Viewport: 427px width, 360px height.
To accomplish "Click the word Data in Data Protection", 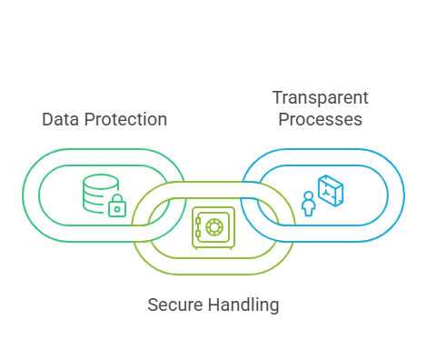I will [60, 120].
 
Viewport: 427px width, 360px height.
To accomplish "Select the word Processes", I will [320, 119].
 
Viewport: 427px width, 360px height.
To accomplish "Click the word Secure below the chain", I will [174, 304].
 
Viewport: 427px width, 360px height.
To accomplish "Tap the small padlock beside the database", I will [117, 206].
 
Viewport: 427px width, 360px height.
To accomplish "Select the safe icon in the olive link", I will [213, 227].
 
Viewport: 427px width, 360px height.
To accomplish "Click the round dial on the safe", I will [214, 226].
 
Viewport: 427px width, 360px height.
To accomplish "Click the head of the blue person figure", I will [308, 194].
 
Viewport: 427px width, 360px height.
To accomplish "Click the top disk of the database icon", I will [99, 179].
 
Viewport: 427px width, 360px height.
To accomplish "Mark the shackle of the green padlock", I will [117, 199].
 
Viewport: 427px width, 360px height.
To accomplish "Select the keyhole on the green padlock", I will [117, 209].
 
